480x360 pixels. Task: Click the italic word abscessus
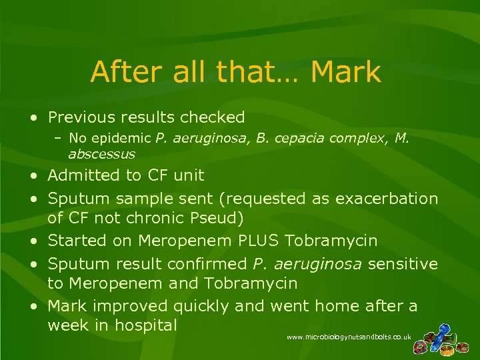click(101, 154)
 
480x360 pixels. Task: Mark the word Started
click(75, 240)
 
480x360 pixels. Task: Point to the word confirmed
click(215, 263)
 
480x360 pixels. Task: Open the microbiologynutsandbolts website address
click(348, 338)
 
